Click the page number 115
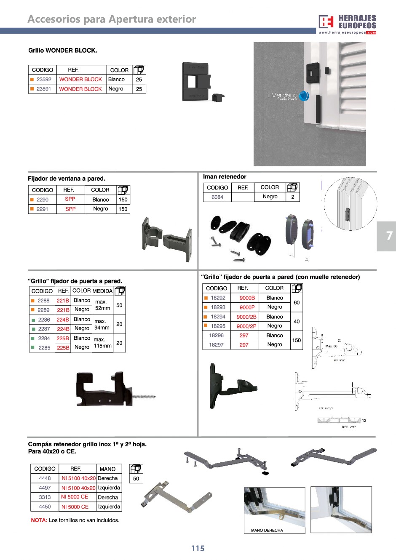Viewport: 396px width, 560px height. pyautogui.click(x=198, y=548)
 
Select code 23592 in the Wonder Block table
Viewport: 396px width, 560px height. pyautogui.click(x=43, y=80)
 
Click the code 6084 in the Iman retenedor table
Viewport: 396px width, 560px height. pyautogui.click(x=217, y=197)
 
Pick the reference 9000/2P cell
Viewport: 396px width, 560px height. pyautogui.click(x=246, y=326)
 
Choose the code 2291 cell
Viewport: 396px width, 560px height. pyautogui.click(x=42, y=209)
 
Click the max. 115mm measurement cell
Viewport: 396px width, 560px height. pyautogui.click(x=102, y=343)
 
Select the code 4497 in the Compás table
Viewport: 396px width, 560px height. pyautogui.click(x=45, y=488)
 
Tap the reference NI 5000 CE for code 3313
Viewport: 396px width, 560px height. pyautogui.click(x=75, y=497)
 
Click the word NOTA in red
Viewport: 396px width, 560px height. pyautogui.click(x=39, y=520)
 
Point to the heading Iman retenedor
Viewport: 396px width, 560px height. pyautogui.click(x=225, y=177)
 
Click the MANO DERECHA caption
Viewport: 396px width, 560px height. pyautogui.click(x=267, y=530)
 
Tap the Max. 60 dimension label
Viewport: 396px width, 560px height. pyautogui.click(x=331, y=346)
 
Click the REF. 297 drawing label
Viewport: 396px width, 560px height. pyautogui.click(x=348, y=427)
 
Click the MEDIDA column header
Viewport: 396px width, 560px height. pyautogui.click(x=102, y=291)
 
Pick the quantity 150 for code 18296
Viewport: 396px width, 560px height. pyautogui.click(x=297, y=340)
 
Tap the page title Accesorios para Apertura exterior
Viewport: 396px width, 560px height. pyautogui.click(x=112, y=19)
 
